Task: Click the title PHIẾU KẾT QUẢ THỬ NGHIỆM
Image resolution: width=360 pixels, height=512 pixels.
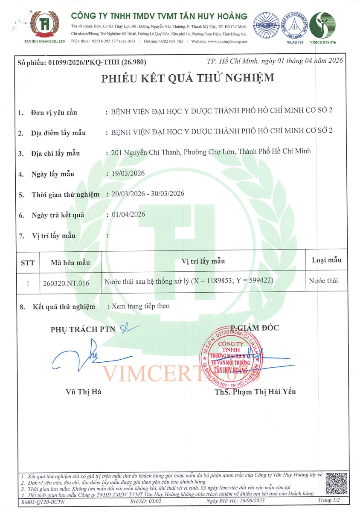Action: [188, 79]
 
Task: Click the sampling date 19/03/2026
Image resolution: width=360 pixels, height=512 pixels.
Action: [128, 173]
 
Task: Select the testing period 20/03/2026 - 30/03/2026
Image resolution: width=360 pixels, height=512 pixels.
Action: [148, 194]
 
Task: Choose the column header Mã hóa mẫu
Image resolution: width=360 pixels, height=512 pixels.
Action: [70, 262]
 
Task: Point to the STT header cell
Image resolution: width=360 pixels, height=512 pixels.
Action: [27, 263]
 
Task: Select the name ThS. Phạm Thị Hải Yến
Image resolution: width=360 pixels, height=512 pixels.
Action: [255, 392]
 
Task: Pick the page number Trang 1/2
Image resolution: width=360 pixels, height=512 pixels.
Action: [329, 500]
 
